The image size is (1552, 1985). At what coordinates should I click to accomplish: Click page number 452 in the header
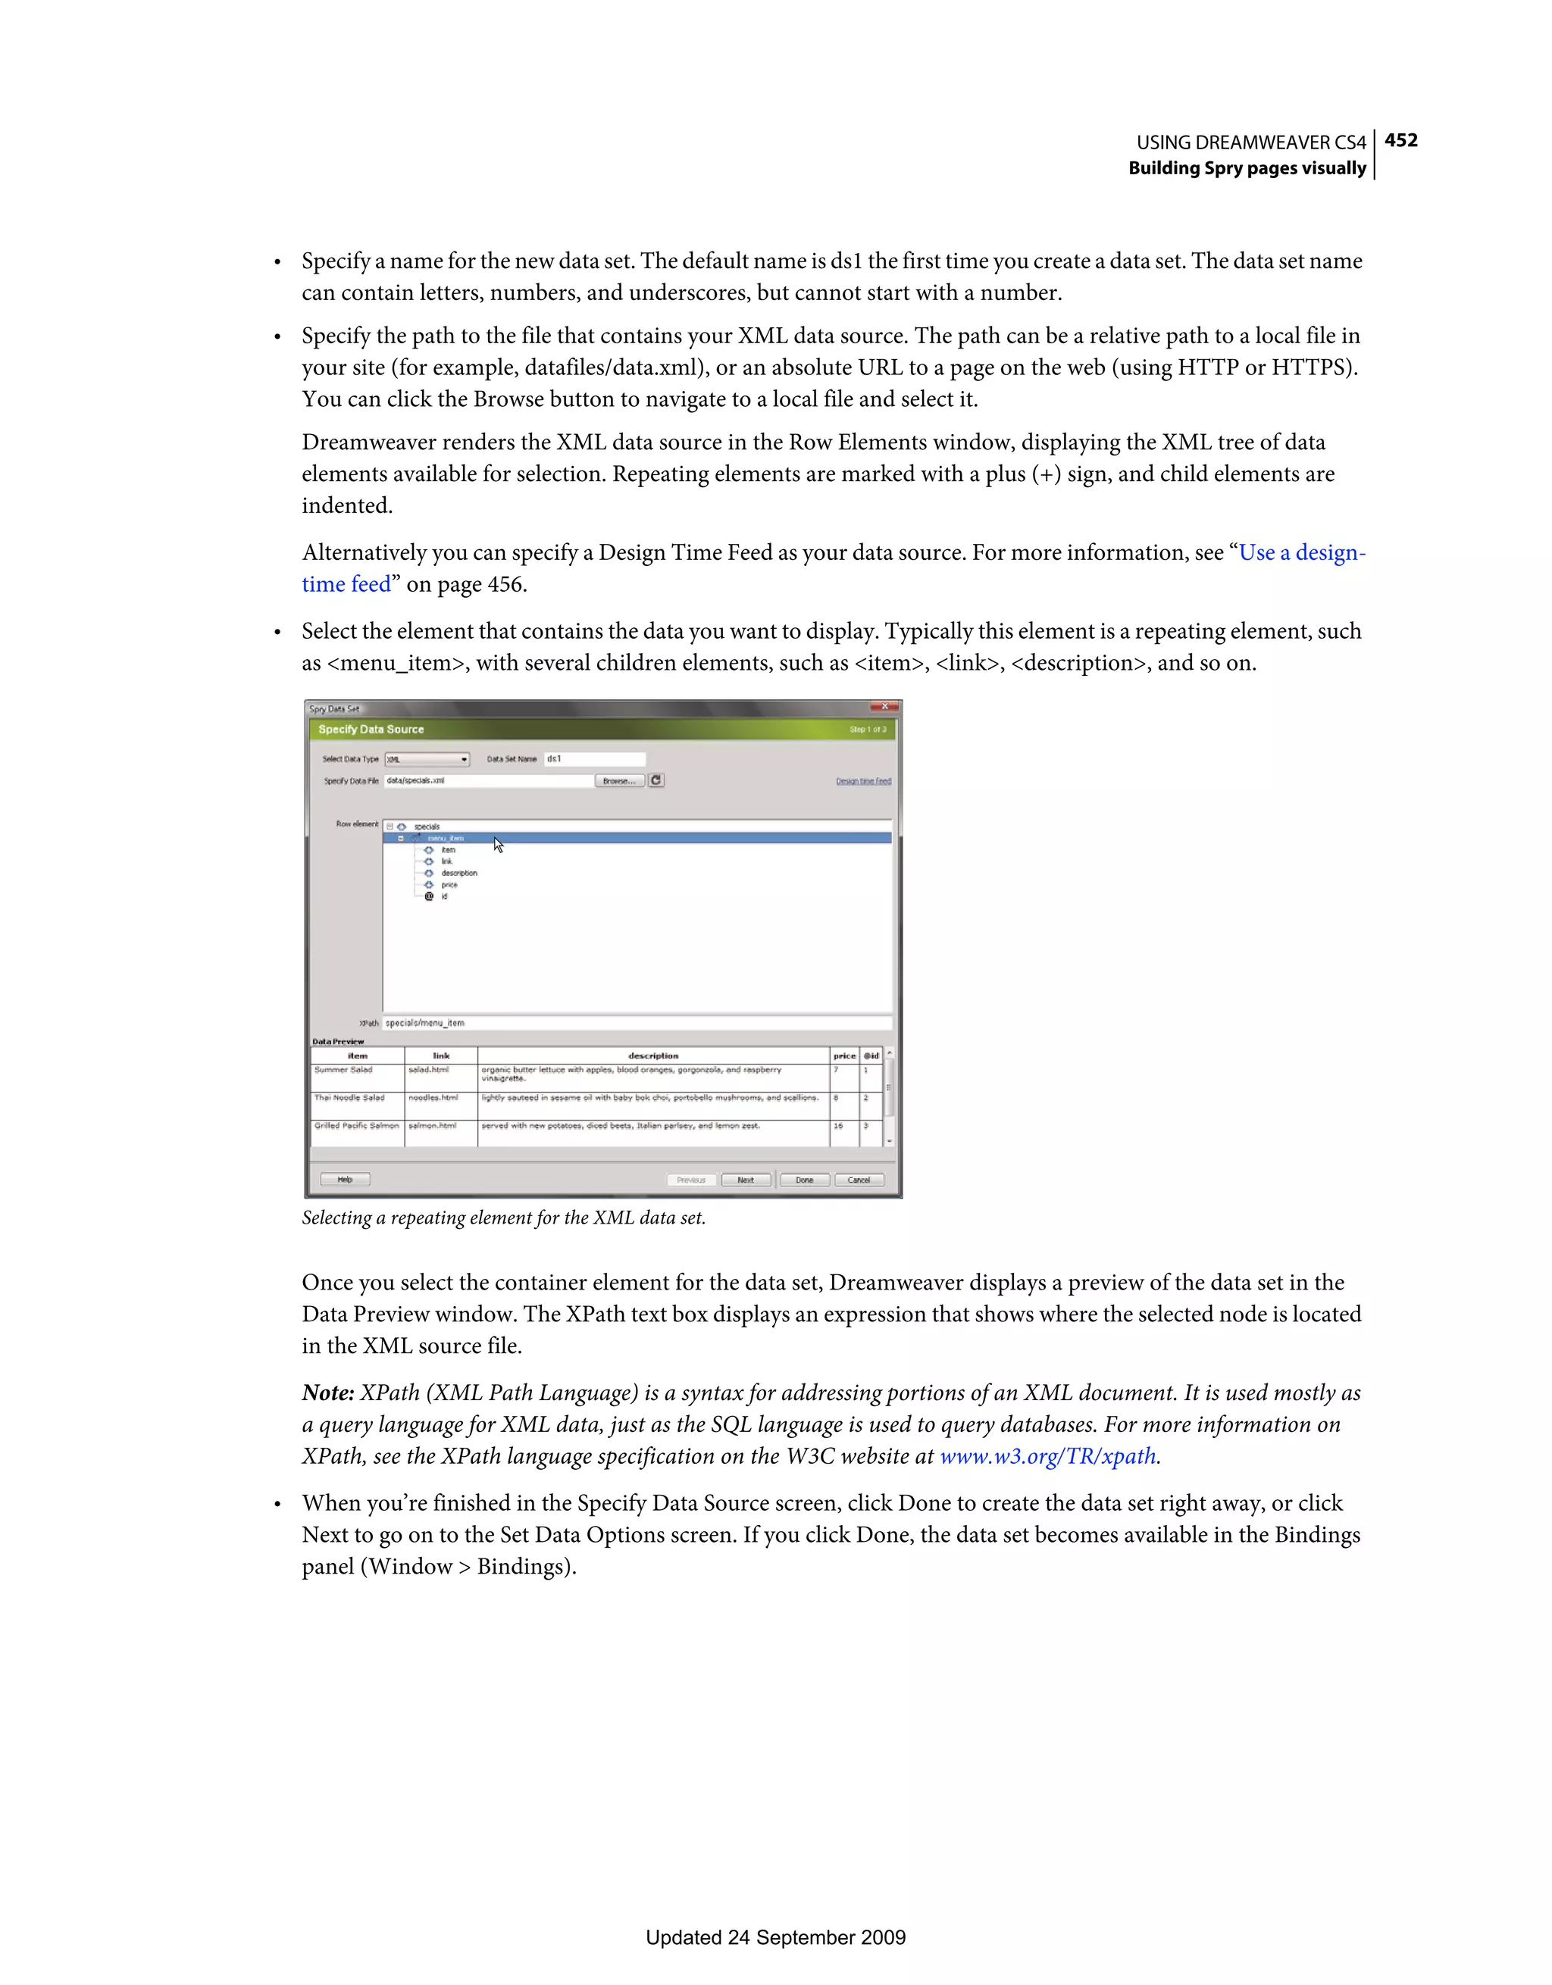coord(1400,140)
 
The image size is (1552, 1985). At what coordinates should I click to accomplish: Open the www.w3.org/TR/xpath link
coord(1047,1456)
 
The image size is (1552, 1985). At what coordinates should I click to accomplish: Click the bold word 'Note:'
coord(327,1393)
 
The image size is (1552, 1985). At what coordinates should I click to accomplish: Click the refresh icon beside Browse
coord(656,780)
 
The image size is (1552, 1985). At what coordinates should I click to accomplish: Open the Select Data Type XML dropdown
coord(427,759)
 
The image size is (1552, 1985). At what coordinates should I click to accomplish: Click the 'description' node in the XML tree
coord(459,873)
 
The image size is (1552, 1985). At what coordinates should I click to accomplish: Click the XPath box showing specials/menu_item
coord(637,1024)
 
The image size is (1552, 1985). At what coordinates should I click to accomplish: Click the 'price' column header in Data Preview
coord(843,1056)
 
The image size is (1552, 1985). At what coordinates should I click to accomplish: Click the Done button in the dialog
coord(805,1180)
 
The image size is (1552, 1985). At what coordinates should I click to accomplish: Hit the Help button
coord(345,1180)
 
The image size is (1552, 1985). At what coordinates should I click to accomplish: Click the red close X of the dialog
coord(884,707)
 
